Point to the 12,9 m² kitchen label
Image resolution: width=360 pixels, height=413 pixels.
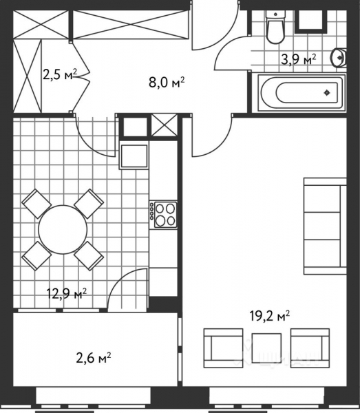pos(66,295)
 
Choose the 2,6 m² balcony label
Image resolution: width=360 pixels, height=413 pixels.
pos(94,357)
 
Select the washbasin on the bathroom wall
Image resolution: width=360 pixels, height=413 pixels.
pos(339,58)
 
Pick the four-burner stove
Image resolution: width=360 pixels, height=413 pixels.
pos(164,213)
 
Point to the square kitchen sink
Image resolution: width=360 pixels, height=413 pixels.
pos(134,156)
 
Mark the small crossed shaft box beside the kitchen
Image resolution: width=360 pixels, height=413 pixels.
pos(163,127)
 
